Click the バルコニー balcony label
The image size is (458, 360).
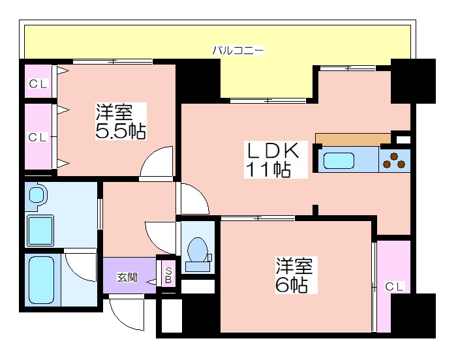click(x=237, y=50)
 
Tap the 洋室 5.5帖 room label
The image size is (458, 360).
click(x=121, y=121)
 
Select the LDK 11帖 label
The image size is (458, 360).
click(x=276, y=159)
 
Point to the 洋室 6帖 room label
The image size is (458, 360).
click(x=296, y=275)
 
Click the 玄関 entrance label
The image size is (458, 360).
click(x=127, y=277)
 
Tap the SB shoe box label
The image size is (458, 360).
click(x=168, y=275)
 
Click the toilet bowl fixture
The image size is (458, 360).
click(x=198, y=254)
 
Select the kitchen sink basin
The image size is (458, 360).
click(x=339, y=160)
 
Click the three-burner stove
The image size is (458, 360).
click(x=394, y=160)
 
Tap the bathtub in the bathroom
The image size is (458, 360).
click(x=42, y=280)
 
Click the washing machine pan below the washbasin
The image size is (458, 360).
click(x=40, y=230)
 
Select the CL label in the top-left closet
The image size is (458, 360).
click(x=38, y=84)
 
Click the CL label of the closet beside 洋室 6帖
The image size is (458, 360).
click(x=394, y=286)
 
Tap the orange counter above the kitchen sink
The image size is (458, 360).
click(x=353, y=139)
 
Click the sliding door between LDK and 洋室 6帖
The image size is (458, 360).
click(x=258, y=218)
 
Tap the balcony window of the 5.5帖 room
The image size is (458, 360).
click(x=112, y=61)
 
